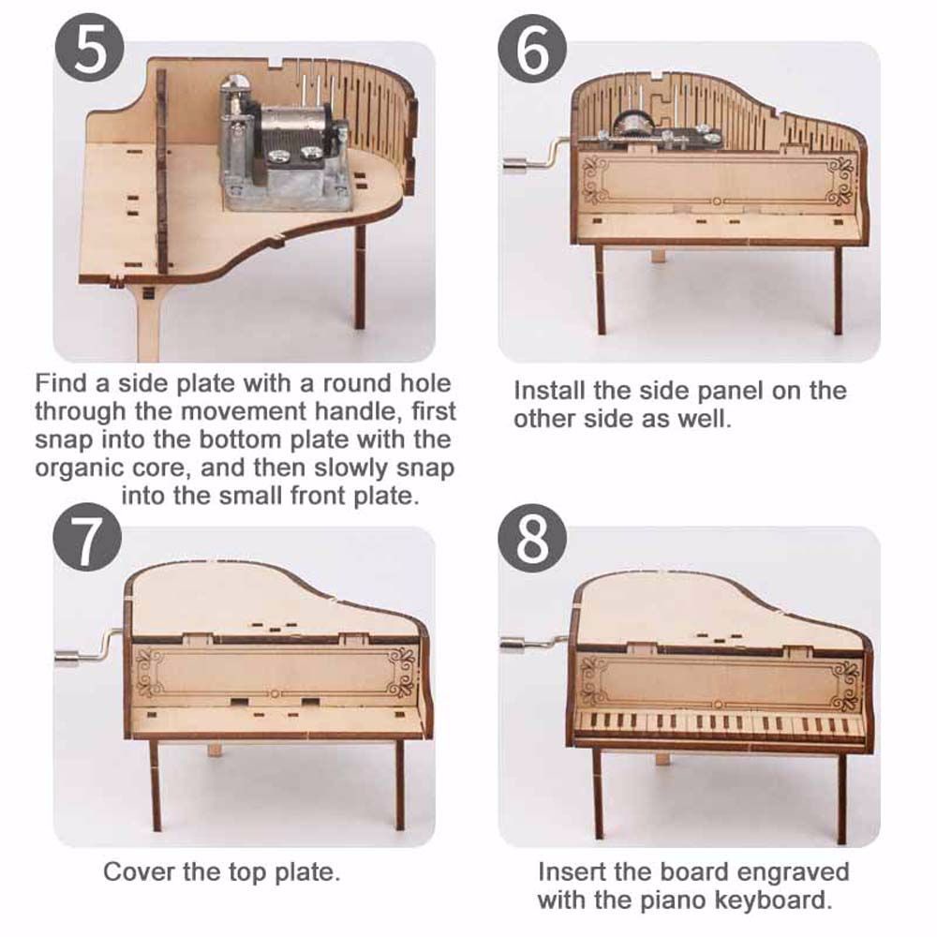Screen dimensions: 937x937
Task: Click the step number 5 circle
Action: pyautogui.click(x=90, y=48)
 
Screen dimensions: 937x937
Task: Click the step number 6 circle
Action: pyautogui.click(x=532, y=49)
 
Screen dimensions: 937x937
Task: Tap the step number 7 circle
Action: pyautogui.click(x=87, y=537)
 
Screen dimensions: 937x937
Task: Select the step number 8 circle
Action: pyautogui.click(x=532, y=537)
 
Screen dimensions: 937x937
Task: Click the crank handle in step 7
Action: pyautogui.click(x=90, y=649)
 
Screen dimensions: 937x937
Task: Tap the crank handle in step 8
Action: pyautogui.click(x=535, y=643)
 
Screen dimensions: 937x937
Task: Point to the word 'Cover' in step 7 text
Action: pyautogui.click(x=140, y=871)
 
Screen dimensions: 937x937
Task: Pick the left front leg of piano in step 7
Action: pyautogui.click(x=156, y=786)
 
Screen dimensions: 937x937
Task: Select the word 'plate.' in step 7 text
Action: pyautogui.click(x=307, y=872)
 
